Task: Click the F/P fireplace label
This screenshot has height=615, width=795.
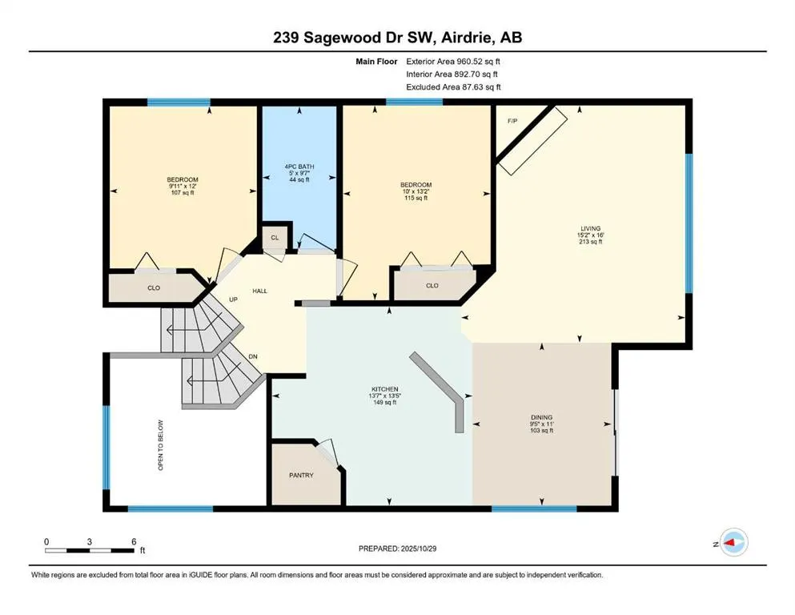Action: [512, 121]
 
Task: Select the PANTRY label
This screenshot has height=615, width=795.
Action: [301, 475]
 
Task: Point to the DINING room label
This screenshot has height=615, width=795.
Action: [541, 416]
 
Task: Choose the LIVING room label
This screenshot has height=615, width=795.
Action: [590, 228]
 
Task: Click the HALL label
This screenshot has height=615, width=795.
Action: [259, 291]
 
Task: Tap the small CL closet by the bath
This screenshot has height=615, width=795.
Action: [274, 239]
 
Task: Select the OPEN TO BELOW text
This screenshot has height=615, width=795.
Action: [161, 444]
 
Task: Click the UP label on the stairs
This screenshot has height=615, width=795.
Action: [234, 299]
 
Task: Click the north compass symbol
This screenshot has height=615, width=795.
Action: [733, 544]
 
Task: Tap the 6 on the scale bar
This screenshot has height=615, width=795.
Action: [133, 541]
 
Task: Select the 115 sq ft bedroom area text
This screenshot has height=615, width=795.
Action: [416, 199]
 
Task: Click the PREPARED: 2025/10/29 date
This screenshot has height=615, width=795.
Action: [398, 549]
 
